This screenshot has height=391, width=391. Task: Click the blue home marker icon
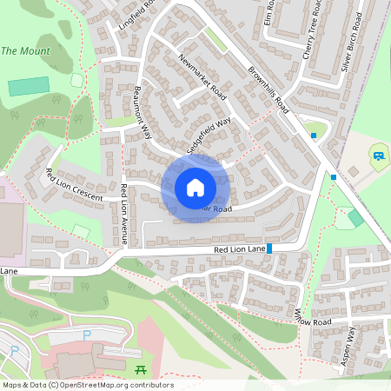pos(195,187)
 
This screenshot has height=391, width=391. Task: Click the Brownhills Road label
pos(268,88)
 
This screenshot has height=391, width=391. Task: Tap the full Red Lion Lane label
pos(239,250)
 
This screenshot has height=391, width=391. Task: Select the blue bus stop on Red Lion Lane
pos(270,249)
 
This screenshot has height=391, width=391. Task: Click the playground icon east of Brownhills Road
pos(379,156)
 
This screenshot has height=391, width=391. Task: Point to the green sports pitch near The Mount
pos(29,87)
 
